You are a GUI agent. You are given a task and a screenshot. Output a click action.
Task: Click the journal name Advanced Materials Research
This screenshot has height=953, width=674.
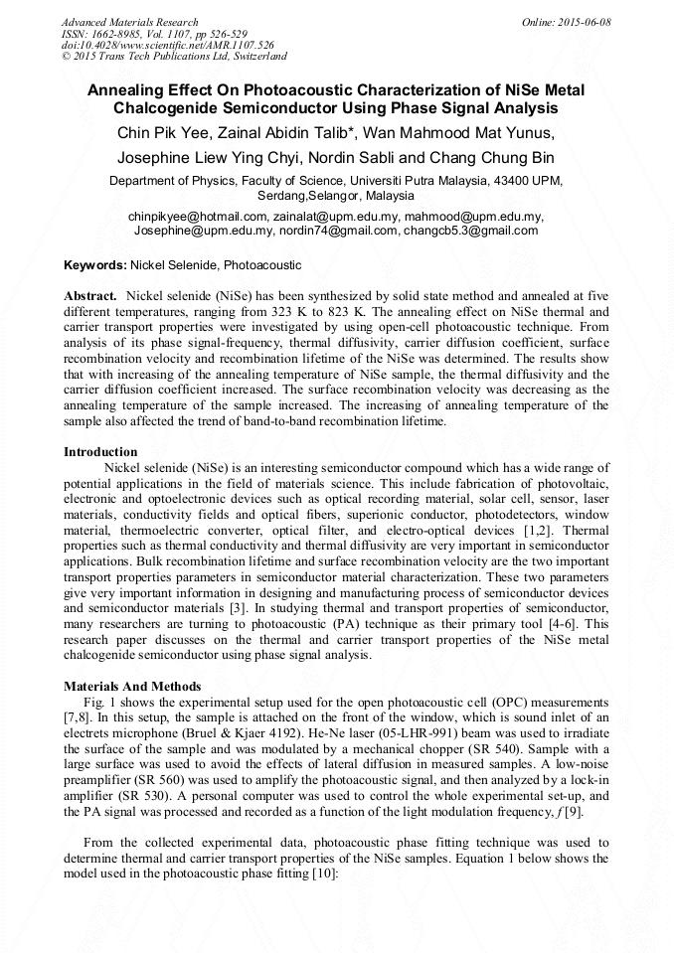pyautogui.click(x=129, y=22)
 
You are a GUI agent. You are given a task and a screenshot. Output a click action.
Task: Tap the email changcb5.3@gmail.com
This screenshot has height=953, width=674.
pyautogui.click(x=470, y=231)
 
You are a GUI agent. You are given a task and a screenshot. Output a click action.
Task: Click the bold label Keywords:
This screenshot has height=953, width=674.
pyautogui.click(x=94, y=266)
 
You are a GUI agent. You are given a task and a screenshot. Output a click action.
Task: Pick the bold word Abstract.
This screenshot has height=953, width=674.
pyautogui.click(x=90, y=296)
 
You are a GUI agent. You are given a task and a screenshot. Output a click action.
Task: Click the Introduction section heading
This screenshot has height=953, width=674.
pyautogui.click(x=100, y=452)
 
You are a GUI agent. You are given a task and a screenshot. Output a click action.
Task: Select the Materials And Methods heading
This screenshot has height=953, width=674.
pyautogui.click(x=132, y=687)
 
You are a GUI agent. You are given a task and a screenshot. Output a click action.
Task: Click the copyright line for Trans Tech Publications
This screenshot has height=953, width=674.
pyautogui.click(x=174, y=58)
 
